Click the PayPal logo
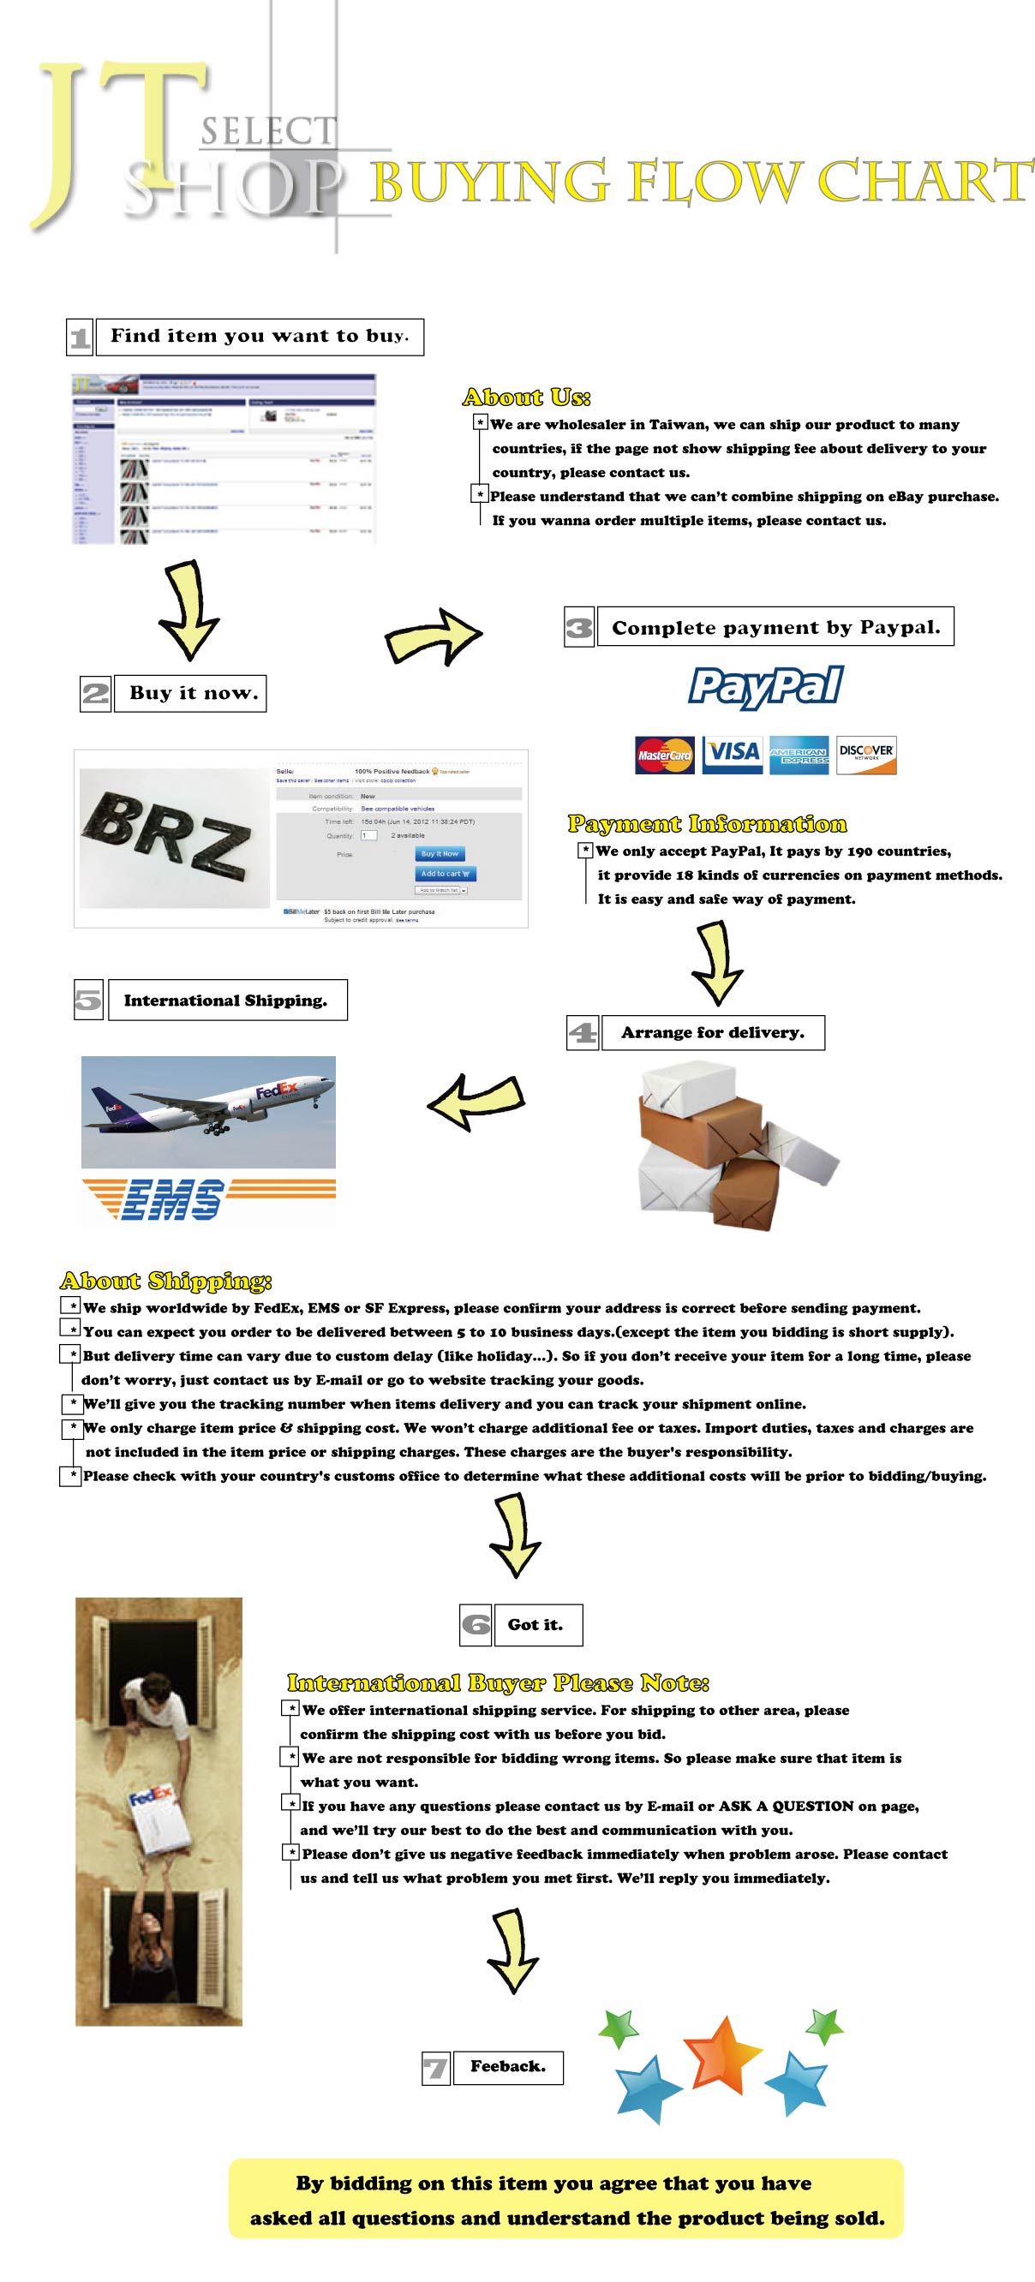coord(766,688)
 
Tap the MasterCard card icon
coord(665,755)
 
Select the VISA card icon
coord(733,754)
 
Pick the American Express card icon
coord(799,755)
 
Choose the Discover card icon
coord(865,755)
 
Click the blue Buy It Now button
coord(440,854)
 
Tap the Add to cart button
coord(446,874)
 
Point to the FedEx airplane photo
coord(208,1111)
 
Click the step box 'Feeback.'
coord(508,2067)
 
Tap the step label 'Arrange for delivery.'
coord(713,1033)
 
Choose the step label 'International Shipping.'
coord(227,1001)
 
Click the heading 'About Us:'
coord(526,397)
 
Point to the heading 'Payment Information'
coord(707,824)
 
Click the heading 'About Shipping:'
coord(165,1281)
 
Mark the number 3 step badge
coord(578,628)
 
